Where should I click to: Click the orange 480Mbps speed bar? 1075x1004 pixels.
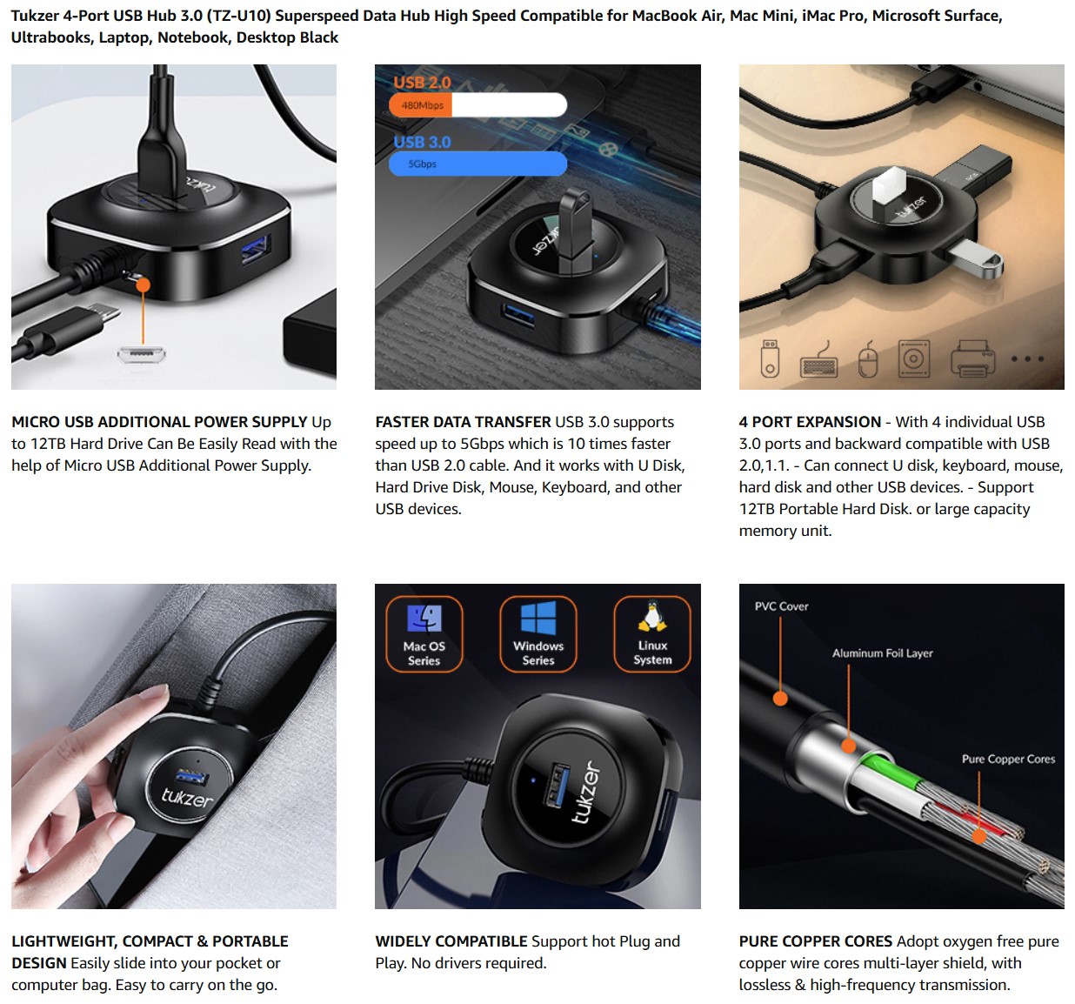420,105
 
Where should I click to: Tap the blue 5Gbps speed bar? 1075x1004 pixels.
478,164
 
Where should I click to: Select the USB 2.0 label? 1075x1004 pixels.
422,83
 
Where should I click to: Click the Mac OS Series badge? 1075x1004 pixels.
424,633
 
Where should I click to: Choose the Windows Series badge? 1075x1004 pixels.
538,633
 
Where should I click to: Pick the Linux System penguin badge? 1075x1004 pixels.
652,633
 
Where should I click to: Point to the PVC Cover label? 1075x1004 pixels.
782,606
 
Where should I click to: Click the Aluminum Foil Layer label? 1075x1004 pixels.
882,653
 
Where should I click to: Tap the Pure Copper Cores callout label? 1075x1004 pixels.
1008,759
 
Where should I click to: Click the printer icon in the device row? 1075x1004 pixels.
972,358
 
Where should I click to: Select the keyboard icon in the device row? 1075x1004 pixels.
818,359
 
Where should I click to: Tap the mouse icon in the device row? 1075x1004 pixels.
868,358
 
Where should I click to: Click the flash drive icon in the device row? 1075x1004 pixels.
770,358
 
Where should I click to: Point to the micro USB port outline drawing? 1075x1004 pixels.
141,354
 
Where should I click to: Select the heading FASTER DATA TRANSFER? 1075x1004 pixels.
463,422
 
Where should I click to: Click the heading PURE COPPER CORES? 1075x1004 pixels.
815,941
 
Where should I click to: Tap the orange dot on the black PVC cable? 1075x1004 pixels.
780,699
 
